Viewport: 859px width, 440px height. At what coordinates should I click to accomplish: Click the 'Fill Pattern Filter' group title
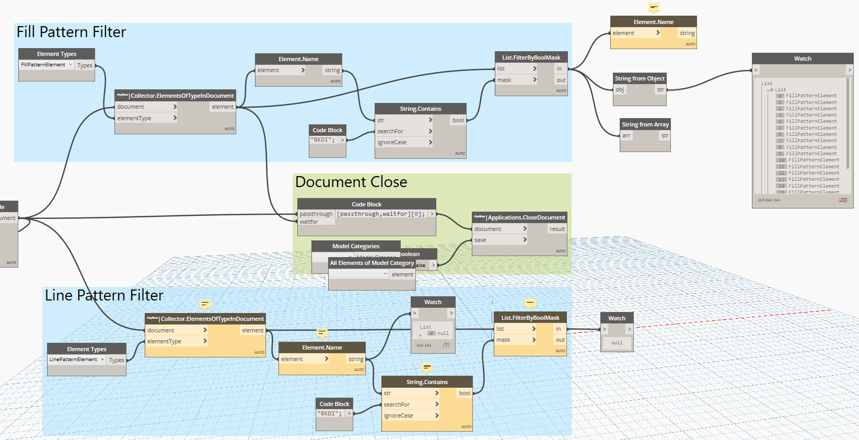pos(71,32)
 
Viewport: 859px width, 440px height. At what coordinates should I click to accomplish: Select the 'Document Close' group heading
pos(351,182)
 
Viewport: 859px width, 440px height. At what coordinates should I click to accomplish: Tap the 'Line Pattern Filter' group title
pos(104,296)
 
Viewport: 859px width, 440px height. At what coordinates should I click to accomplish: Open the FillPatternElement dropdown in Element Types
pos(47,65)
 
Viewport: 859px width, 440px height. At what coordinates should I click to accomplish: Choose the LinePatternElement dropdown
pos(77,360)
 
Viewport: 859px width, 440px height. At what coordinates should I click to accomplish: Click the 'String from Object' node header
pos(640,78)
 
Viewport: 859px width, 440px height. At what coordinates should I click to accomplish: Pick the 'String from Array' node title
pos(645,124)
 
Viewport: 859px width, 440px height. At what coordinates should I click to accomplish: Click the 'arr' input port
pos(626,136)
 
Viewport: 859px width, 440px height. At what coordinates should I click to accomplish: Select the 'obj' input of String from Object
pos(620,90)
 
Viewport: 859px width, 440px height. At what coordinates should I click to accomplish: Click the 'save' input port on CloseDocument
pos(481,240)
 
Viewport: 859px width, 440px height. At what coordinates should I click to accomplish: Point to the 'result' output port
pos(557,229)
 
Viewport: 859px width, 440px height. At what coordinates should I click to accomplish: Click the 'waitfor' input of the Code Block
pos(309,222)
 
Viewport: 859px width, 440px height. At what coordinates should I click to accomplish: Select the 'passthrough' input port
pos(316,214)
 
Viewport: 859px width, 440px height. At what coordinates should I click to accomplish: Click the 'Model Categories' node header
pos(356,246)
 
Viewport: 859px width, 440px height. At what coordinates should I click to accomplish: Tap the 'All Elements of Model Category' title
pos(372,263)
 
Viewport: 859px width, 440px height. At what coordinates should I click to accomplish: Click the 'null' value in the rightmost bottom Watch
pos(617,343)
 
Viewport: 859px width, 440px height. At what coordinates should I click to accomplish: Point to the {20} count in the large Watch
pos(842,200)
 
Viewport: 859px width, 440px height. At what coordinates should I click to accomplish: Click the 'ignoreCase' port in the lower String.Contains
pos(399,416)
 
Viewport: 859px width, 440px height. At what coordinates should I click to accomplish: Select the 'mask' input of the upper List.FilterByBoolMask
pos(504,80)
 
